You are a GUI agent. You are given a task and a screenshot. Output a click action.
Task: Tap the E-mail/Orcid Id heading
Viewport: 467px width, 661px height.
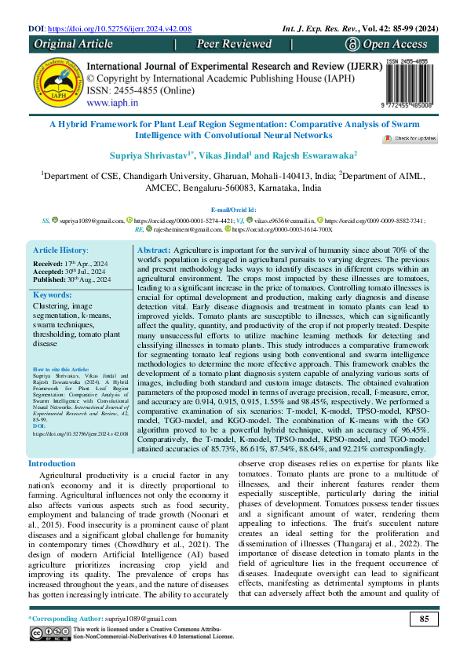[x=233, y=210]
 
